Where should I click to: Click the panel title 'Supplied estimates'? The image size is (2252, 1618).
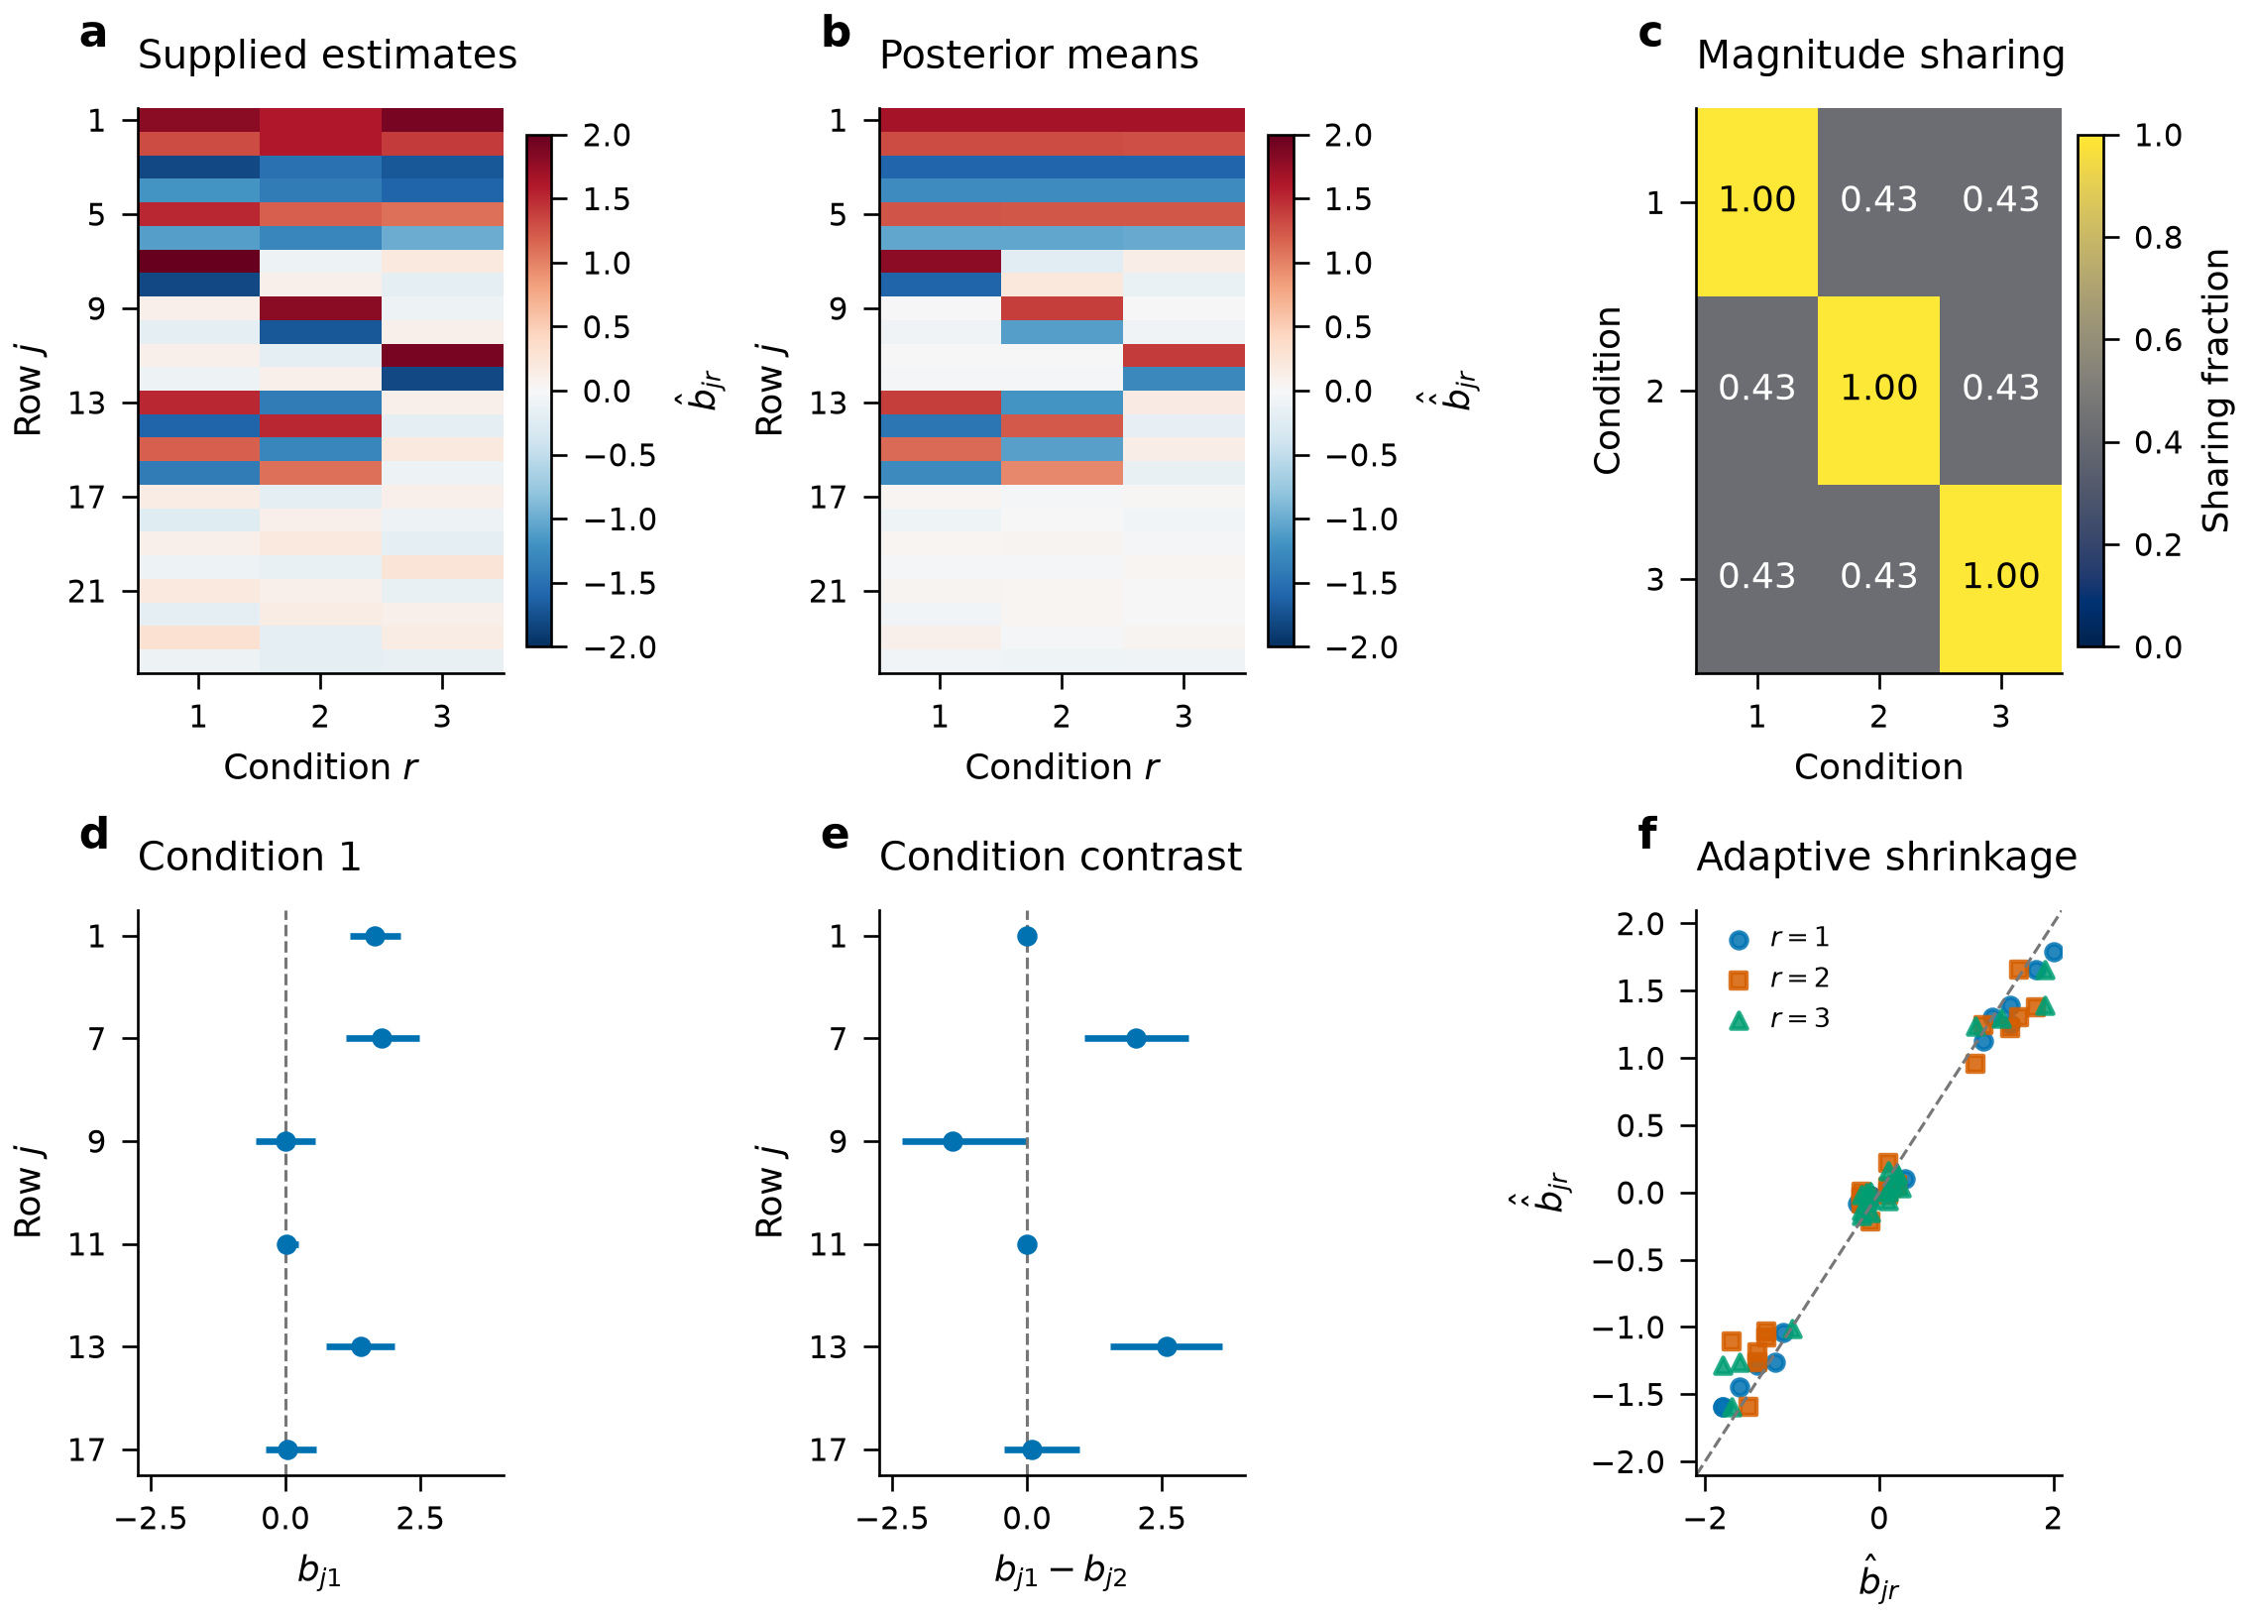327,56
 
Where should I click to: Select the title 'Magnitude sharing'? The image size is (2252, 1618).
1879,56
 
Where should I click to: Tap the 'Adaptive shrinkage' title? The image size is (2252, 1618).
1885,858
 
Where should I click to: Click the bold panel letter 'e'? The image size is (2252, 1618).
835,836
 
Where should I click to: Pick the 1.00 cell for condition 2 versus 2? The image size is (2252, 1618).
1878,390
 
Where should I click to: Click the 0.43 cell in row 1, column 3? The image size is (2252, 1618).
2000,201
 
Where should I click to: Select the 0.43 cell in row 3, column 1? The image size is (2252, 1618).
1756,578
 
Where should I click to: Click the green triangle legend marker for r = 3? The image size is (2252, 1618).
1739,1020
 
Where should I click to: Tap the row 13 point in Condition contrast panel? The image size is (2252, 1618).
1167,1346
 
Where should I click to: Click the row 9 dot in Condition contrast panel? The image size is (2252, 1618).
953,1141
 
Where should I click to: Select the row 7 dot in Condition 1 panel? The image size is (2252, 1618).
382,1038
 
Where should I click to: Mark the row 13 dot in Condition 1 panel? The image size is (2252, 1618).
362,1346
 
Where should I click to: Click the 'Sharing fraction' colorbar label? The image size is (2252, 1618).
2215,391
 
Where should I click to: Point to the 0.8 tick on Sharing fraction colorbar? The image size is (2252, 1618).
2158,238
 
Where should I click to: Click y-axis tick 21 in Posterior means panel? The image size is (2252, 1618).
827,592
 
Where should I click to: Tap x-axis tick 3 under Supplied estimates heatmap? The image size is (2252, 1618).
442,716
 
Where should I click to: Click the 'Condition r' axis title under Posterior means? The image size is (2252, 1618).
1062,767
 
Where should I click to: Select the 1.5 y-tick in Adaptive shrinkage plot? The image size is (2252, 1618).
1640,991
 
